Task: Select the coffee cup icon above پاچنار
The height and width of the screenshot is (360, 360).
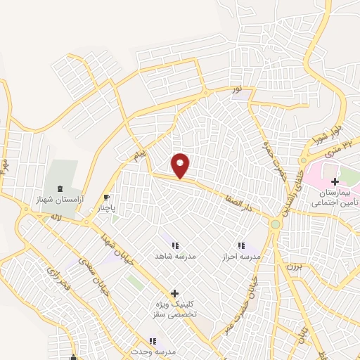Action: tap(107, 197)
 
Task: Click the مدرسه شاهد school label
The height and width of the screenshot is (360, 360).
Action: tap(172, 257)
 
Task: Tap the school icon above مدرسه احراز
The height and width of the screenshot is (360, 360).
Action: tap(241, 245)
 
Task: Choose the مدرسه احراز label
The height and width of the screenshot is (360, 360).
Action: tap(241, 257)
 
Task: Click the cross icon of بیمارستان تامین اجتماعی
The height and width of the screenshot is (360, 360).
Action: tap(335, 181)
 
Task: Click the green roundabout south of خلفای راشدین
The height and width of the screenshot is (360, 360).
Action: tap(275, 224)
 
